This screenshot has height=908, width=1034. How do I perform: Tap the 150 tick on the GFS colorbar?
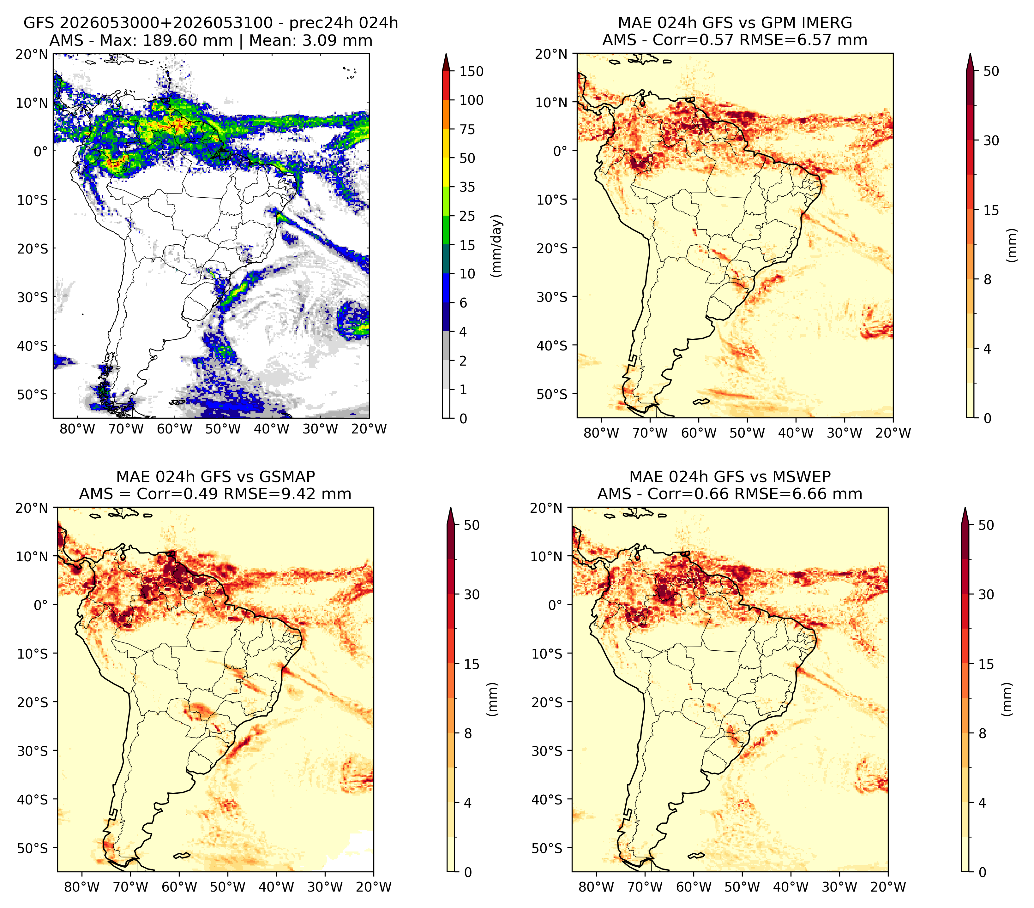pos(471,71)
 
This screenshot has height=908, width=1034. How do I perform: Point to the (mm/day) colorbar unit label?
pos(497,246)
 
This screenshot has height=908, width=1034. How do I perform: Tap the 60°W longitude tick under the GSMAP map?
pos(179,887)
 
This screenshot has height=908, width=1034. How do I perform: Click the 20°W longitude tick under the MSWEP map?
pos(888,887)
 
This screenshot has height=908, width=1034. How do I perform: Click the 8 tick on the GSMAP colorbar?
pos(467,734)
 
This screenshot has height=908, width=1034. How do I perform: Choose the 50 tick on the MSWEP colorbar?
pos(986,525)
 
